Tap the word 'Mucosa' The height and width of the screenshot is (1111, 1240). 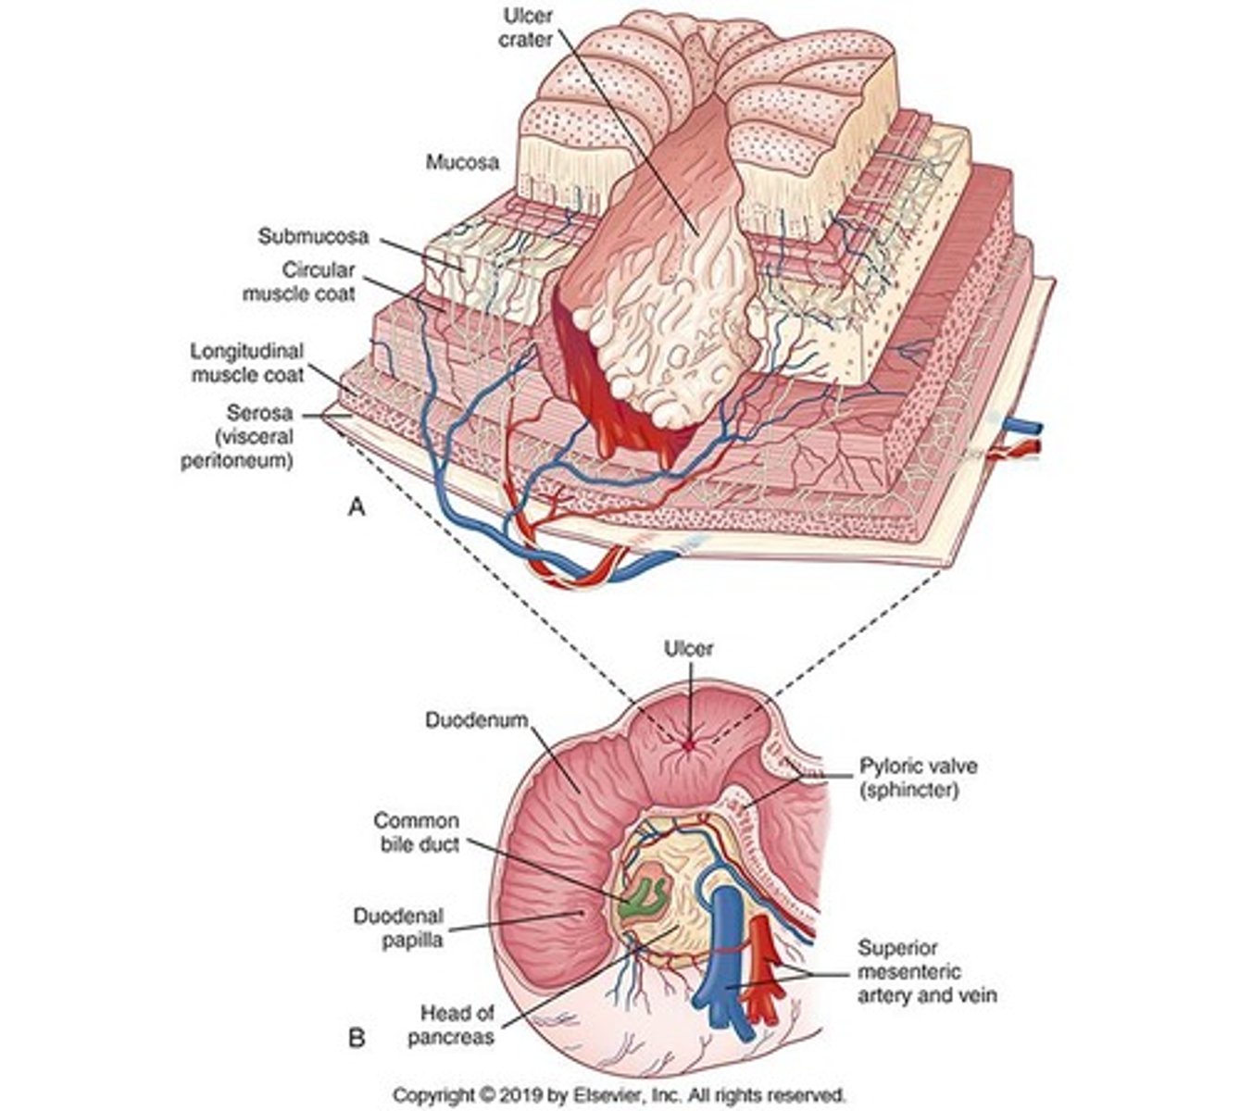tap(462, 162)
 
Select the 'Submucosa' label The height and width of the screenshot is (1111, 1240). tap(313, 236)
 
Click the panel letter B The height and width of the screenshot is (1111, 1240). tap(355, 1039)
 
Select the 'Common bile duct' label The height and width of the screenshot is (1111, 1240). tap(416, 832)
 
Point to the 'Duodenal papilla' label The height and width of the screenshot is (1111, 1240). tap(398, 927)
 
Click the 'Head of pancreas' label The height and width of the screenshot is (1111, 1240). tap(450, 1024)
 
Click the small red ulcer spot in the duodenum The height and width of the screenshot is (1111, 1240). tap(688, 743)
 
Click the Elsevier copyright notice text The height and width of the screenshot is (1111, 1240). tap(619, 1094)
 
